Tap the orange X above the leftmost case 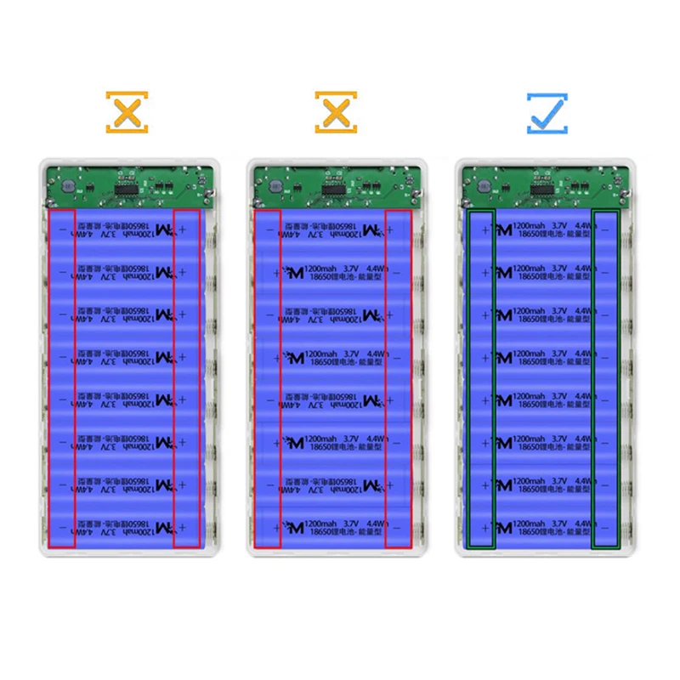[127, 111]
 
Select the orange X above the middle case [337, 111]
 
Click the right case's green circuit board [546, 184]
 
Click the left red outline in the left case [62, 378]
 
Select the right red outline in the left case [187, 378]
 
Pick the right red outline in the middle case [399, 378]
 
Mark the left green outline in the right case [482, 378]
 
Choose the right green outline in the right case [605, 378]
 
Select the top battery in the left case [126, 229]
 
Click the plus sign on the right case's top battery [485, 229]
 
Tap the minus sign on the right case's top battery [604, 229]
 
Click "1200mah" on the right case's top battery [531, 225]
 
